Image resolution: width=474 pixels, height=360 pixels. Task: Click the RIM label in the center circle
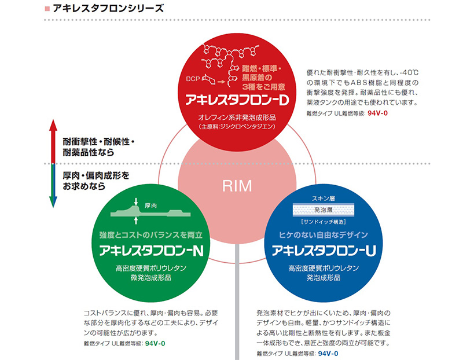point(237,186)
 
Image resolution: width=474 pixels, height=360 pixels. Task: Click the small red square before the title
point(47,9)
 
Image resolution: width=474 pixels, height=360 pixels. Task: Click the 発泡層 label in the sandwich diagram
point(324,210)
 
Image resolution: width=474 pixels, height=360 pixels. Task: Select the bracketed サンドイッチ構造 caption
point(324,222)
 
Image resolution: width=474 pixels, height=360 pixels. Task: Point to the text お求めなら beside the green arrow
point(84,186)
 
